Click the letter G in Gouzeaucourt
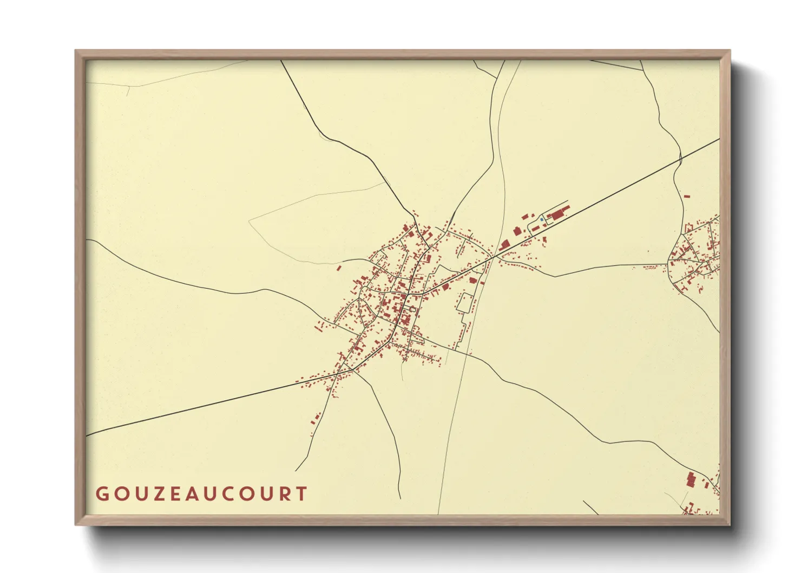101,494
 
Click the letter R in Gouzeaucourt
284,494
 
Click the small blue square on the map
542,219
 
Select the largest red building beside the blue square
557,214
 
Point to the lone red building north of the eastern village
687,196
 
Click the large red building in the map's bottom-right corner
691,480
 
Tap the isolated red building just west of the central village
339,268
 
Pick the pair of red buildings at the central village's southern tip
316,418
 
